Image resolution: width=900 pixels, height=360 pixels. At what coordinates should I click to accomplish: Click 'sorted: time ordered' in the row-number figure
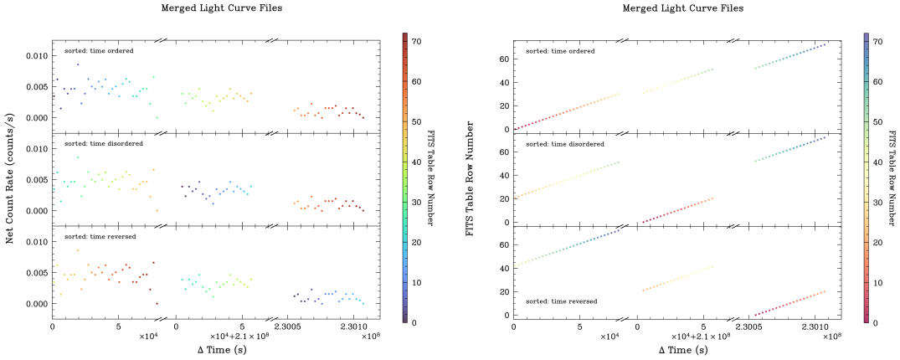click(560, 51)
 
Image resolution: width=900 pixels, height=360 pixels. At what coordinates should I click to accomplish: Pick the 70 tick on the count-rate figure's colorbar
click(415, 41)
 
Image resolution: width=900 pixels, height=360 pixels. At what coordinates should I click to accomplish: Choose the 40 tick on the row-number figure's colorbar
click(877, 161)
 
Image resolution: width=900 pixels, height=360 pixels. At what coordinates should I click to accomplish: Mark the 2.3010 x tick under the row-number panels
click(815, 327)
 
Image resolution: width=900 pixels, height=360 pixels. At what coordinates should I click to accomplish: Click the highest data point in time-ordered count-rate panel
click(78, 64)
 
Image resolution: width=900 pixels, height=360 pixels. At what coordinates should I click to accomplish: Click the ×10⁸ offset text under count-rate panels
click(369, 337)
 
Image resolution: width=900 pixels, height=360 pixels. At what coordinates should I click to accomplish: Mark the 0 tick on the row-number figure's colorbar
click(875, 321)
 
